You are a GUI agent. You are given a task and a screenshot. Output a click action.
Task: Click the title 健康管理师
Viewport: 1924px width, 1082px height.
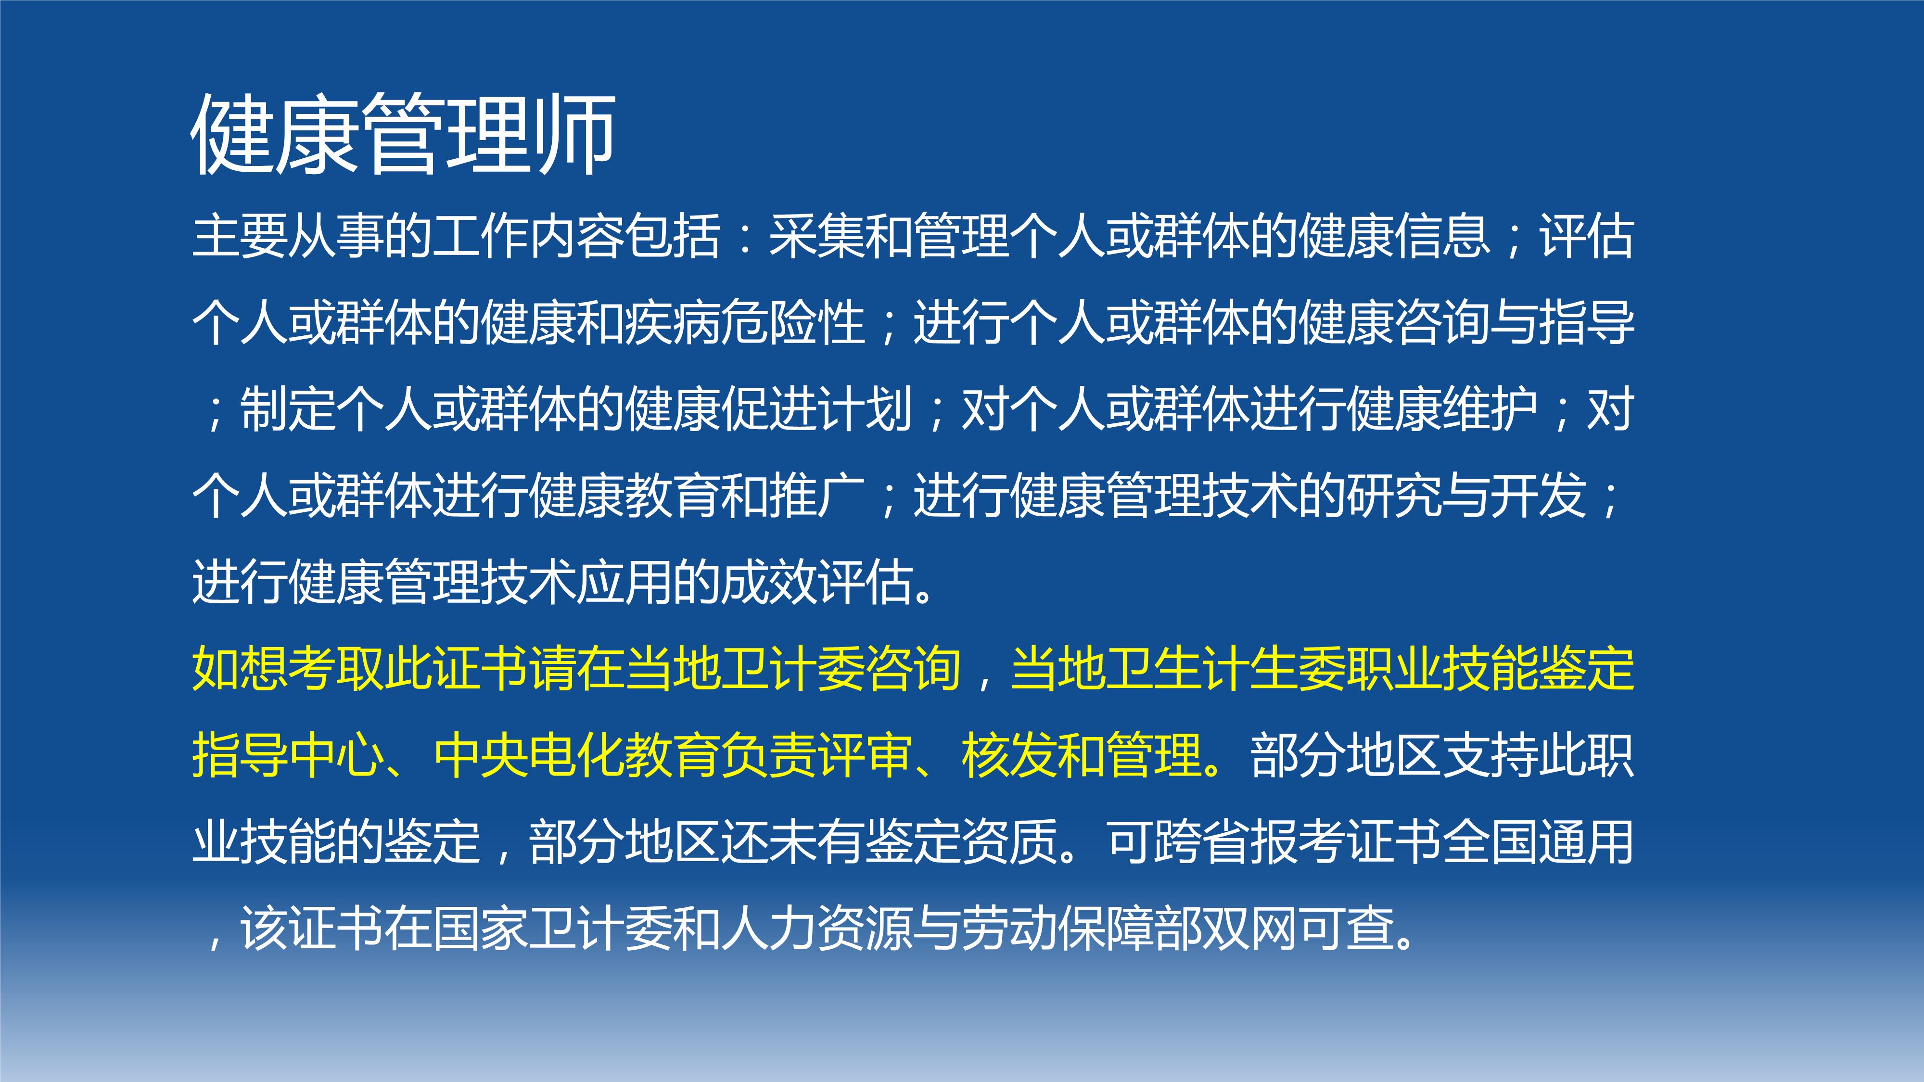[403, 134]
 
